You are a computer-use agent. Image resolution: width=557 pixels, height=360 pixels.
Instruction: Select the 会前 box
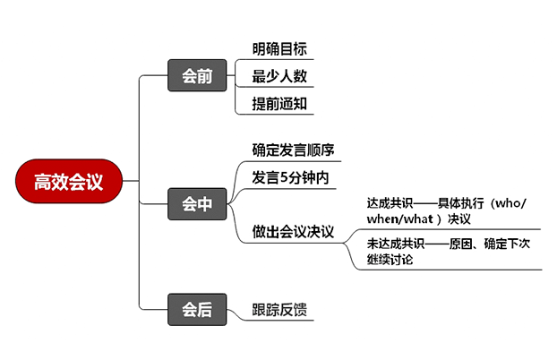point(197,75)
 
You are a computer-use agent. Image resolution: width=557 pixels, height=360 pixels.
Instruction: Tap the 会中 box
point(197,204)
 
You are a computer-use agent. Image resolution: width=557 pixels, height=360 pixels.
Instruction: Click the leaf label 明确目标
point(279,49)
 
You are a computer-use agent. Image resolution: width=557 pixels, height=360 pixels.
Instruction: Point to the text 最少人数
point(279,76)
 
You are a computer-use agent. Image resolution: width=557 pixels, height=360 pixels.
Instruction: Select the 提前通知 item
point(279,103)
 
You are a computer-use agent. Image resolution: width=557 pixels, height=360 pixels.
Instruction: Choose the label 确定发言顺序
point(293,149)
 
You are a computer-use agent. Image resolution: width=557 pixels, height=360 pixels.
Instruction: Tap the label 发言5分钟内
point(290,177)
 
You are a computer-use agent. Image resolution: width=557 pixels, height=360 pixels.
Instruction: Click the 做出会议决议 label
point(293,232)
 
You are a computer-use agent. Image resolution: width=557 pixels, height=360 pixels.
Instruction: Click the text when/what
point(399,219)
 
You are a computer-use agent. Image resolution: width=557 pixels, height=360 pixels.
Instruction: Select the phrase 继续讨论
point(390,260)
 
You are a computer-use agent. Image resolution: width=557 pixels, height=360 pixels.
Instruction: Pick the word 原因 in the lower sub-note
point(467,244)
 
